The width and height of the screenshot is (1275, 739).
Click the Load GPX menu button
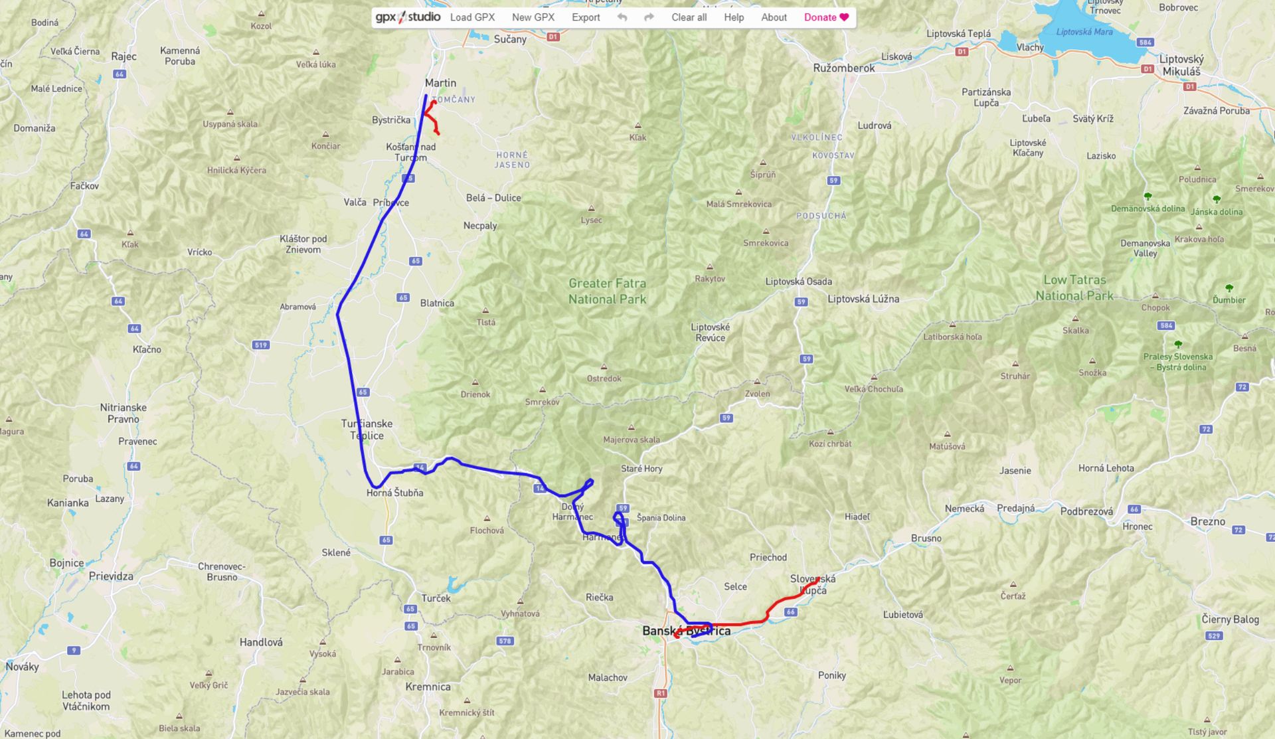point(472,17)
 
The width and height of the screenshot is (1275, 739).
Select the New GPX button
point(533,17)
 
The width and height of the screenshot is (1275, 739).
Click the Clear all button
point(689,17)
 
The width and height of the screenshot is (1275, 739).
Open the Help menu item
point(733,17)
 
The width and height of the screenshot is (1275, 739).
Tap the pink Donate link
point(826,17)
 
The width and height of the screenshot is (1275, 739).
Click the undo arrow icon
point(622,17)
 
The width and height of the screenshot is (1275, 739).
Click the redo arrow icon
point(649,17)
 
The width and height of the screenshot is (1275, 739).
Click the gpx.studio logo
point(408,17)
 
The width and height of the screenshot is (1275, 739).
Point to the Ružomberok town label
point(843,68)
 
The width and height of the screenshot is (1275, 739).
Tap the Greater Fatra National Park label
point(607,291)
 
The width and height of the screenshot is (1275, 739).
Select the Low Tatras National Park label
point(1074,287)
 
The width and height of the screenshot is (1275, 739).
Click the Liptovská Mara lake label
point(1084,32)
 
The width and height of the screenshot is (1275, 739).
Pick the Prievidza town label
point(111,576)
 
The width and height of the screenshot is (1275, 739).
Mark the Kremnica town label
point(428,687)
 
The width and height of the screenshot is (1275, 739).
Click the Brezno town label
point(1207,521)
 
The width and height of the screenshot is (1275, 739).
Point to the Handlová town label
point(261,642)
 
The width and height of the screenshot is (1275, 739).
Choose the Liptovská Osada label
point(798,282)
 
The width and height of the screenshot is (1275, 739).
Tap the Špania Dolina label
point(661,518)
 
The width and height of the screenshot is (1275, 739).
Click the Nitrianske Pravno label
point(124,413)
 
